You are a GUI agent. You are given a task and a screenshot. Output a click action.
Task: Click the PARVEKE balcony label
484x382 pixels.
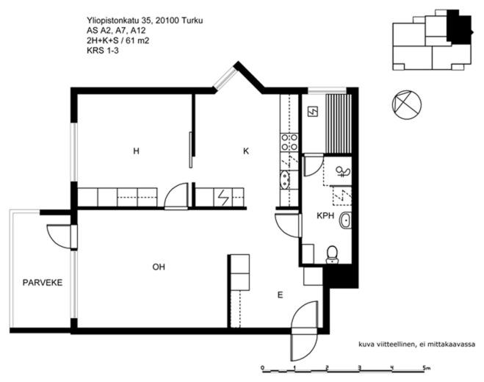click(x=43, y=283)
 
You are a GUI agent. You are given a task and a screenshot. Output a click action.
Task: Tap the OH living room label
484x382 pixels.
click(x=159, y=267)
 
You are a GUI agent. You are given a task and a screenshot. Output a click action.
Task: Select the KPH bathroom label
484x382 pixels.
click(x=325, y=215)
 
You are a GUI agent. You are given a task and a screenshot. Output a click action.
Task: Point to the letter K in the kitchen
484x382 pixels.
click(x=246, y=151)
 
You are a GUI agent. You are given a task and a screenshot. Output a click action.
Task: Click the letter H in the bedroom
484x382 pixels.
click(x=136, y=151)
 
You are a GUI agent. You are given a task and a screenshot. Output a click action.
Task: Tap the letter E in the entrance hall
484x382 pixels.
click(x=280, y=295)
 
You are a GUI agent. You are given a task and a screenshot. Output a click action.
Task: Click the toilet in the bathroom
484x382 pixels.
click(x=332, y=254)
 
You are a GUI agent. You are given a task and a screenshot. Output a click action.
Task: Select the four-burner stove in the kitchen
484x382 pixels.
click(x=289, y=142)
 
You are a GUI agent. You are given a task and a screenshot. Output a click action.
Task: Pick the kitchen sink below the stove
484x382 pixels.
click(x=284, y=180)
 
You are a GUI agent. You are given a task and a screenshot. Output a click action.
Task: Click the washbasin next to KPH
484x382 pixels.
click(x=345, y=220)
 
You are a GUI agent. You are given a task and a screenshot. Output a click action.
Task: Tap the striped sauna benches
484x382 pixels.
click(x=339, y=124)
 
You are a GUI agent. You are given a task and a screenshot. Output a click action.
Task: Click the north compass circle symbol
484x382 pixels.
click(x=407, y=105)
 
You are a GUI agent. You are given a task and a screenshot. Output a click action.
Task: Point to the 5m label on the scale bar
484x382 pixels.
click(x=427, y=368)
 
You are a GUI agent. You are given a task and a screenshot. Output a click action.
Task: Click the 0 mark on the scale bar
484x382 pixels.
click(x=262, y=368)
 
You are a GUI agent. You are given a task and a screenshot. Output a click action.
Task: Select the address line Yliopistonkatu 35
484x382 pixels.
click(x=119, y=21)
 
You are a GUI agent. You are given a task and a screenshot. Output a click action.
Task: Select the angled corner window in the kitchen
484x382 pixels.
click(x=225, y=78)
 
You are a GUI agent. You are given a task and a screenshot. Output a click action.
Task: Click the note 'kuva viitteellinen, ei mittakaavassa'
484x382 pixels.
click(x=416, y=345)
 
